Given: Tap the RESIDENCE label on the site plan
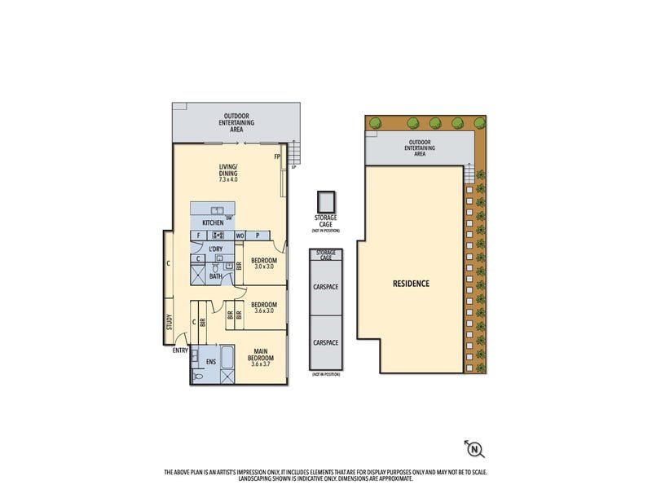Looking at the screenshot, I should point(411,284).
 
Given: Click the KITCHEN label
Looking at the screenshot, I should point(213,222).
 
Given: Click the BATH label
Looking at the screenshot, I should point(215,276).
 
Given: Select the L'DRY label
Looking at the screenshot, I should point(216,249).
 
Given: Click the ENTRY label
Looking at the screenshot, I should point(179,350).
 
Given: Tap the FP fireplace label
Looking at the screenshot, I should point(277,156).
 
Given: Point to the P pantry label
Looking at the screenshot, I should point(258,236).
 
